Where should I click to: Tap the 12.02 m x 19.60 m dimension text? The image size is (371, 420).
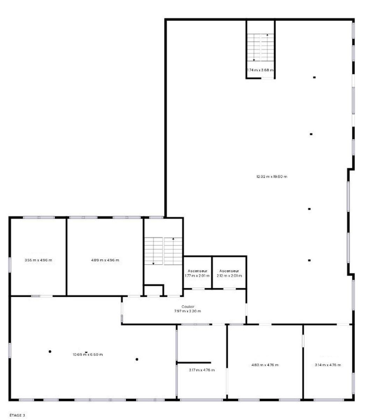click(x=272, y=177)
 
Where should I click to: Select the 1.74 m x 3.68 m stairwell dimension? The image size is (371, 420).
click(x=260, y=70)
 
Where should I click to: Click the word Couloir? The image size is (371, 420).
click(x=188, y=307)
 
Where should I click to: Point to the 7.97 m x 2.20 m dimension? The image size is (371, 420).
click(x=188, y=311)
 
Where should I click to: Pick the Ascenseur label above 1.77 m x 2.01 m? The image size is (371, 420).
click(x=198, y=271)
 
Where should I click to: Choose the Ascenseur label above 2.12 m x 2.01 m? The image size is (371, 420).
click(x=229, y=271)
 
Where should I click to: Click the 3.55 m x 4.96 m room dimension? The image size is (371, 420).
click(x=38, y=260)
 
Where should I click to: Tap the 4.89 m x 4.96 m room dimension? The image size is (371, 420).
click(x=105, y=260)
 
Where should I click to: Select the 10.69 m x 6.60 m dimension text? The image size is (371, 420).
click(x=88, y=355)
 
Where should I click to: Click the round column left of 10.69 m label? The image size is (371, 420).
click(x=50, y=352)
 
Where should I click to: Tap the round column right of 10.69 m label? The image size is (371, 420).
click(x=137, y=359)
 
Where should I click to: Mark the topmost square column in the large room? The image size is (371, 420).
click(x=314, y=78)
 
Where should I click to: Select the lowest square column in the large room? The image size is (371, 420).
click(x=309, y=260)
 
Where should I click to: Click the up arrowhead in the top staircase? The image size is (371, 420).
click(x=267, y=35)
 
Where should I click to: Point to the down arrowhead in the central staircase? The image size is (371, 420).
click(x=153, y=264)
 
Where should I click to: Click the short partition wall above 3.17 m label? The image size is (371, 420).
click(x=194, y=363)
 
